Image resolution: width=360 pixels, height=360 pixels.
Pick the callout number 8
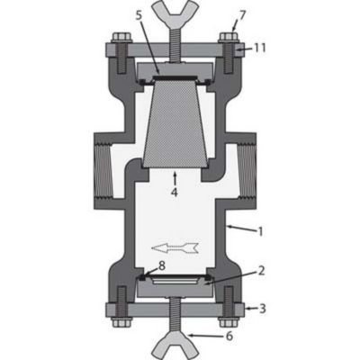pyautogui.click(x=161, y=265)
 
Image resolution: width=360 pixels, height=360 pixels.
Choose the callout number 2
pyautogui.click(x=259, y=269)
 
